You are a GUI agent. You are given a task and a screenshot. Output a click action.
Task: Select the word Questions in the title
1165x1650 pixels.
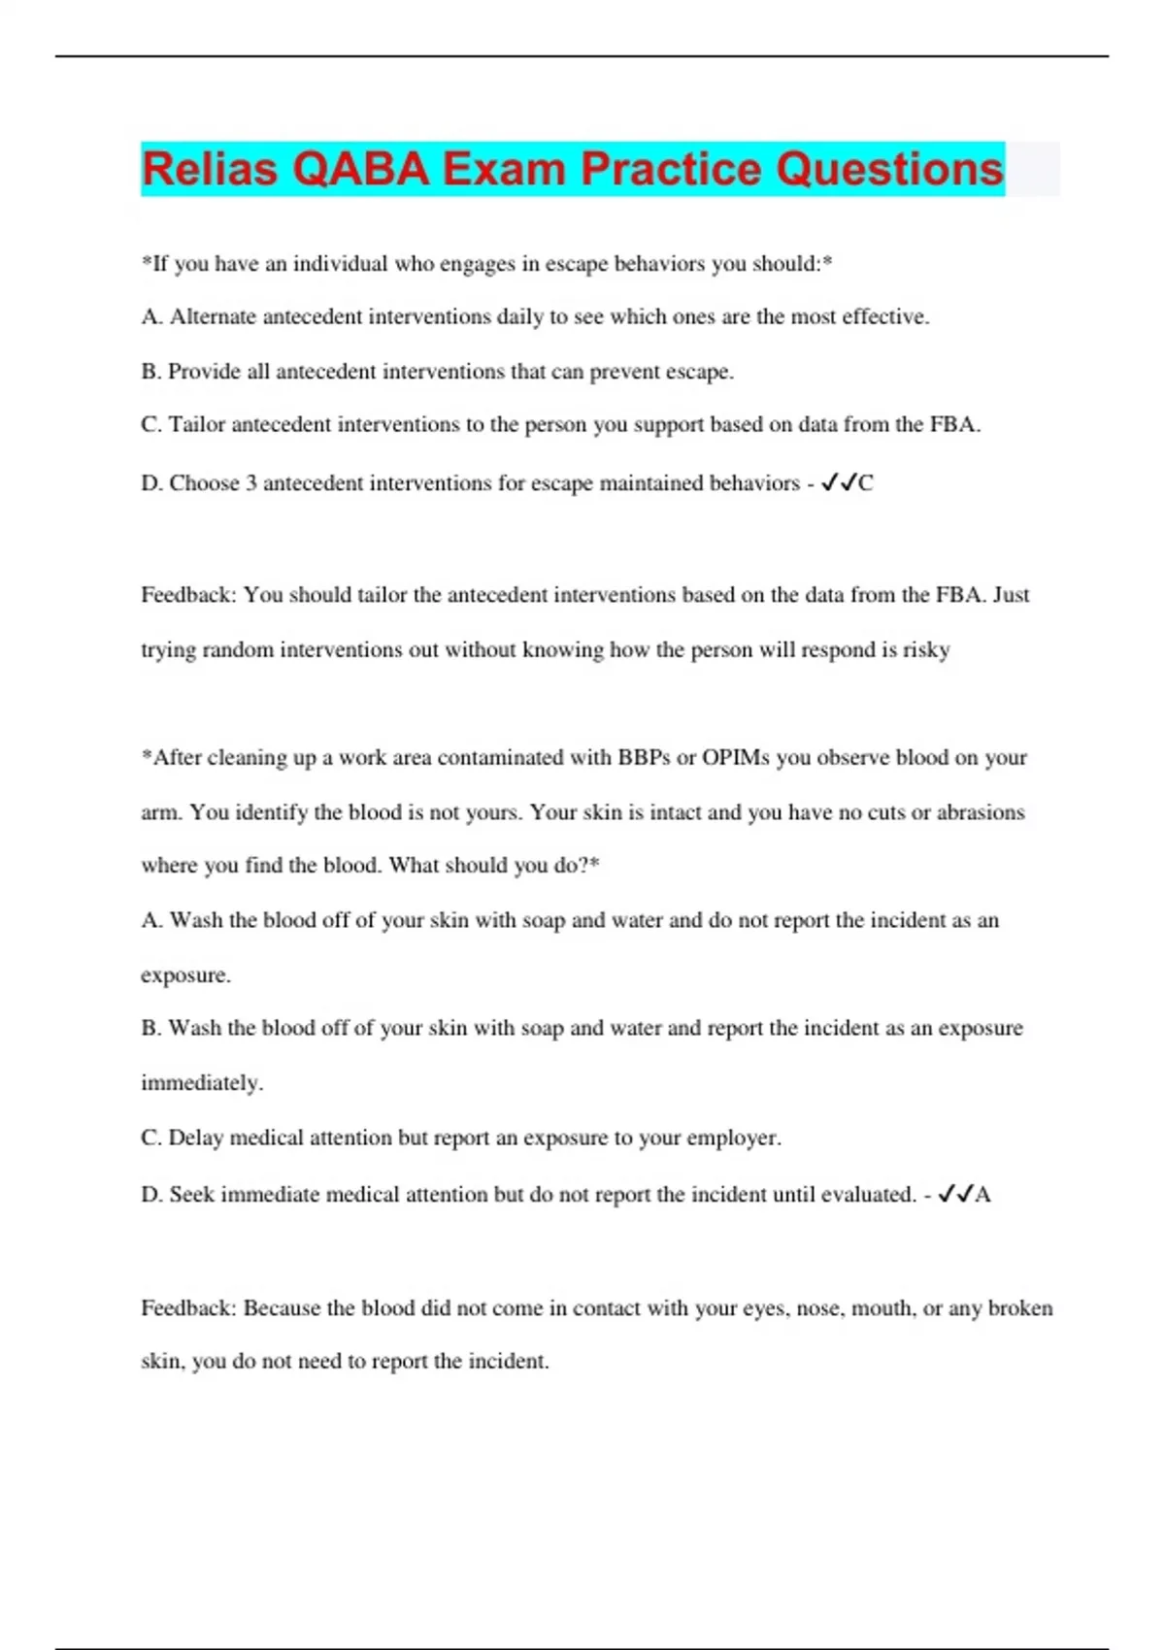pos(888,169)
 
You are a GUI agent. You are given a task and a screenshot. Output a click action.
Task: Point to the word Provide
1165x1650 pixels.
pos(204,372)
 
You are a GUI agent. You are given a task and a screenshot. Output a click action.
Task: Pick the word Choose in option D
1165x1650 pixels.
pos(204,483)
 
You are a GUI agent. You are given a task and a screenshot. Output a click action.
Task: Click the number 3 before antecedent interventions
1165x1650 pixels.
pos(251,483)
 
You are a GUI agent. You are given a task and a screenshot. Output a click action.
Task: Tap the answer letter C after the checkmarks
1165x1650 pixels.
pos(866,483)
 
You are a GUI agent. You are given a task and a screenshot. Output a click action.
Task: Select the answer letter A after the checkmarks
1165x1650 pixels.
pos(982,1195)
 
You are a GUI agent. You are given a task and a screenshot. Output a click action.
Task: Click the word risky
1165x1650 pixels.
pos(926,650)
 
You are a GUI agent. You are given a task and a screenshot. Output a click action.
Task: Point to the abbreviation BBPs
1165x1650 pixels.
pos(644,758)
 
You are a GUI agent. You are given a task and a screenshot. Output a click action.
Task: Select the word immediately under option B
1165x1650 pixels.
pos(201,1083)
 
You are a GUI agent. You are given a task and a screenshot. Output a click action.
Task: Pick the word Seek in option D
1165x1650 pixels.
pos(191,1195)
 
